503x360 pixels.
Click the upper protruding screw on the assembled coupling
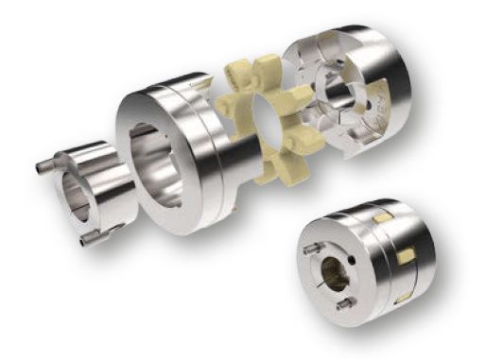click(x=311, y=250)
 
